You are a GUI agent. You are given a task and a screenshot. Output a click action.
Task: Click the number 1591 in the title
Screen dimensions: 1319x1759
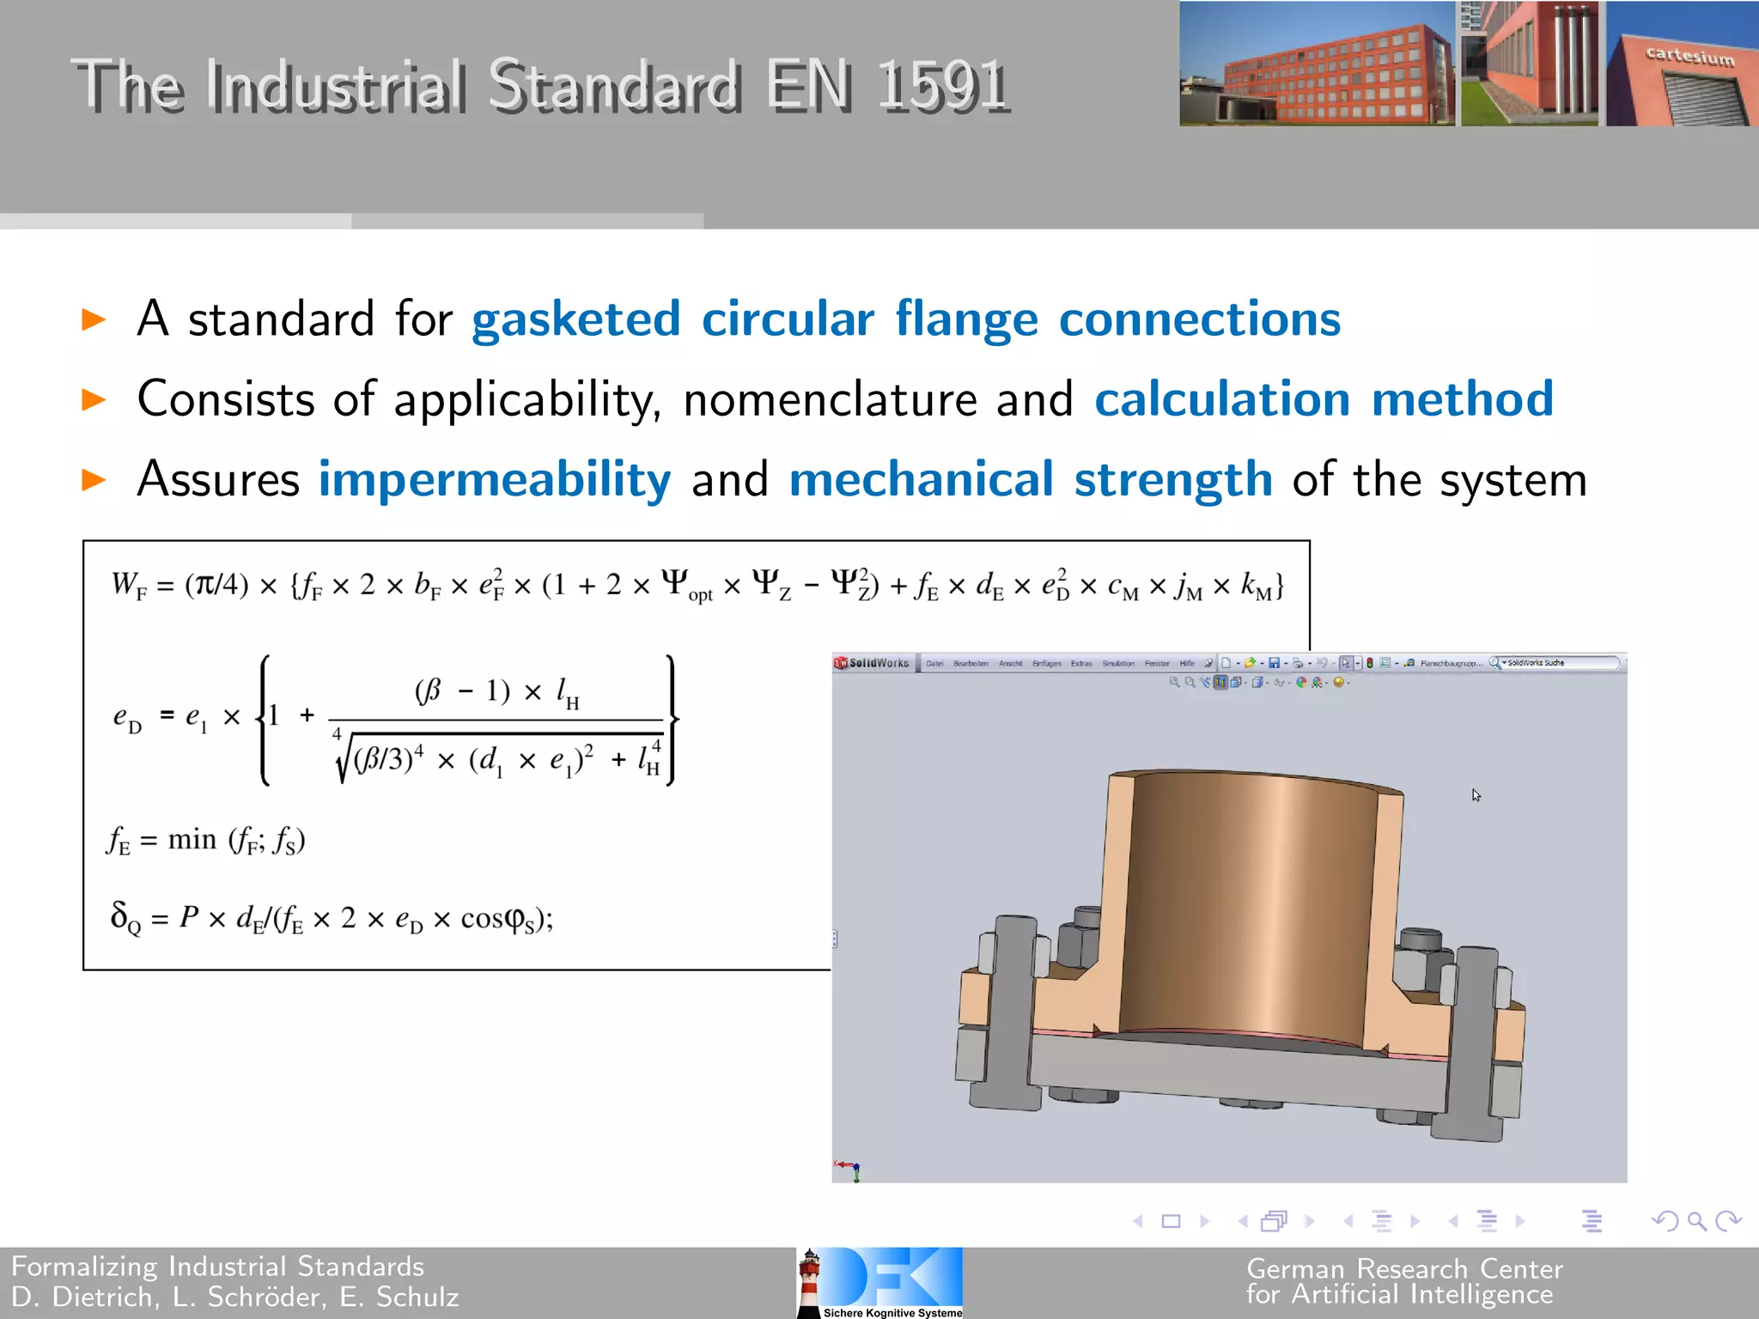point(942,86)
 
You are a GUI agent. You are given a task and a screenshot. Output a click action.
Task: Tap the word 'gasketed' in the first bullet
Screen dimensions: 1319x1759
point(575,319)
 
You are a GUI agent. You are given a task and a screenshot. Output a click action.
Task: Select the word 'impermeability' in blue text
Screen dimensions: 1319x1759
point(495,479)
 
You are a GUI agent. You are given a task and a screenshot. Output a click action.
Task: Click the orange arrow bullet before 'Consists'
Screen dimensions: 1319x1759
point(93,399)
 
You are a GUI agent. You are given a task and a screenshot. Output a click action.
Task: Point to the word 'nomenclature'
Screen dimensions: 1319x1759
point(830,400)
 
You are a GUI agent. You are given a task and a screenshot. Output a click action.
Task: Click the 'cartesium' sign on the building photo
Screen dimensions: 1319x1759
point(1689,57)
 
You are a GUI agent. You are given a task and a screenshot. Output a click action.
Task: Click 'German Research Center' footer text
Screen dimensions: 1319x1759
point(1404,1268)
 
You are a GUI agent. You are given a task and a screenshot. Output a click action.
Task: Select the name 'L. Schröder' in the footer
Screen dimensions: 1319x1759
point(248,1297)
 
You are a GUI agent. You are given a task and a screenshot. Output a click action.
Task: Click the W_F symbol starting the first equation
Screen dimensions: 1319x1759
point(128,587)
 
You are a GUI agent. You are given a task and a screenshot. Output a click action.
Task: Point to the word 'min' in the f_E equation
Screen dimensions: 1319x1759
point(192,839)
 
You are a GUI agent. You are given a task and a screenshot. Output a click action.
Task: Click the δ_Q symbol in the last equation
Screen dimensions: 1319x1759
point(125,917)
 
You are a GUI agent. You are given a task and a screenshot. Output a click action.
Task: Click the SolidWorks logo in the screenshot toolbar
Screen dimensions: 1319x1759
point(873,663)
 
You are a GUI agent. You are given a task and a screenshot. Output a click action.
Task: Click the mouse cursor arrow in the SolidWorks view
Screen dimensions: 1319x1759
point(1476,795)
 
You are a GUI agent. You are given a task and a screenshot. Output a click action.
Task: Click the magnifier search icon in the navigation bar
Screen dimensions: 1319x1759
point(1696,1220)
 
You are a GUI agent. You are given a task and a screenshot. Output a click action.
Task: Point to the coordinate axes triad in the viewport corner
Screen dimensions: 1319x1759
point(849,1170)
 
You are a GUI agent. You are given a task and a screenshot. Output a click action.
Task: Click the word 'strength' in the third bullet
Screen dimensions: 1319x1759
point(1172,479)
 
